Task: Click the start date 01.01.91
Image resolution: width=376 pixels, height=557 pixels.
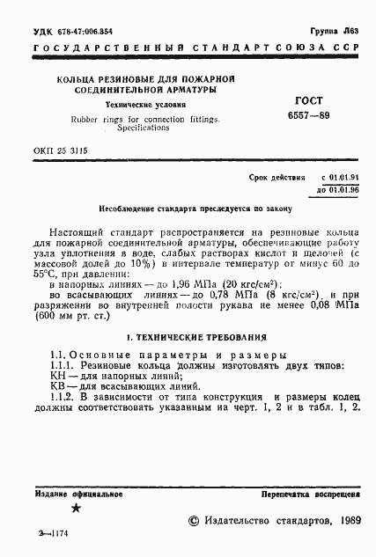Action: [x=343, y=178]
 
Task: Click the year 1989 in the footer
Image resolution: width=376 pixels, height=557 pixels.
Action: [x=345, y=521]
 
